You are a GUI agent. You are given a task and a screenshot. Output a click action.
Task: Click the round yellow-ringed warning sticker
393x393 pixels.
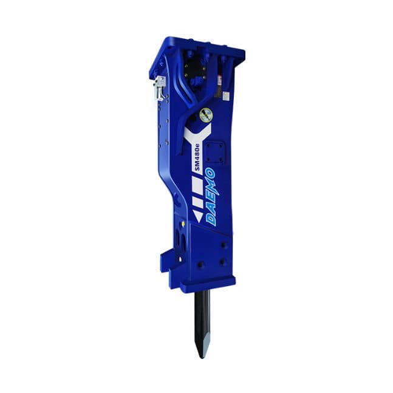tap(206, 115)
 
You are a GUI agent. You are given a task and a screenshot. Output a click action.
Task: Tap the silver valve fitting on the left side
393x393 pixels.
tap(160, 88)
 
